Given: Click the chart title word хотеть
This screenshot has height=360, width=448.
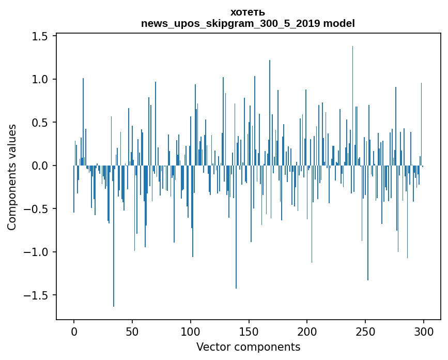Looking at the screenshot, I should pos(248,12).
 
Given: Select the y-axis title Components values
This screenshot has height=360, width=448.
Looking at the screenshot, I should pos(11,177).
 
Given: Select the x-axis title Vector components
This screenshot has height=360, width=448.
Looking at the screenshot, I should pos(248,347).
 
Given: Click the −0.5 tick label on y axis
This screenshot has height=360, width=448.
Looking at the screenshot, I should pos(37,209).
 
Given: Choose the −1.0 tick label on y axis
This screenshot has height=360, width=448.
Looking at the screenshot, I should pos(37,252).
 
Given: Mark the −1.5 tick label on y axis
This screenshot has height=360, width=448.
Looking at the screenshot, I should pos(37,295).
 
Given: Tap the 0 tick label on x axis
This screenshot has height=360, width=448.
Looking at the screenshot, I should pos(74,331).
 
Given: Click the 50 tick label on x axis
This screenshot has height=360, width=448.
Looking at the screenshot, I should pos(132,331).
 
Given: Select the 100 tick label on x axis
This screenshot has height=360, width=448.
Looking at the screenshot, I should pos(191,331).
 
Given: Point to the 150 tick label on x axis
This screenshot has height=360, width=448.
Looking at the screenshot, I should pos(249,331).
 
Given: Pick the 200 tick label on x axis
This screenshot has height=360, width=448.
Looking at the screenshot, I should pos(307,331).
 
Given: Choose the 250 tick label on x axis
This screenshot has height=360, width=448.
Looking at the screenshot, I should pos(365,331).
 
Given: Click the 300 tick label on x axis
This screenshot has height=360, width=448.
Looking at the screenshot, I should pos(424,331).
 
